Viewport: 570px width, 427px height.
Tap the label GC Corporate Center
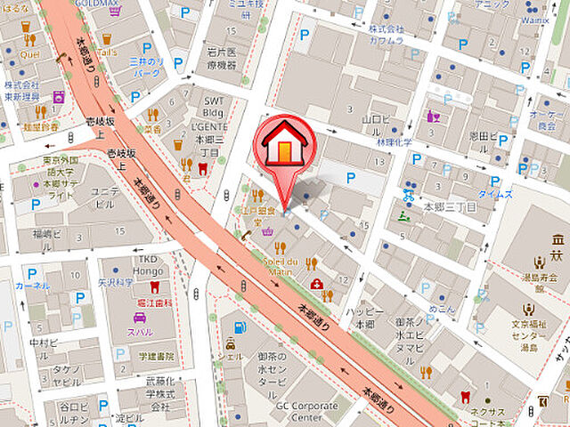pyautogui.click(x=306, y=410)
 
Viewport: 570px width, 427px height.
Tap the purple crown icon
pyautogui.click(x=266, y=232)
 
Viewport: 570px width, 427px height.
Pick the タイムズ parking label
pyautogui.click(x=496, y=193)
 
